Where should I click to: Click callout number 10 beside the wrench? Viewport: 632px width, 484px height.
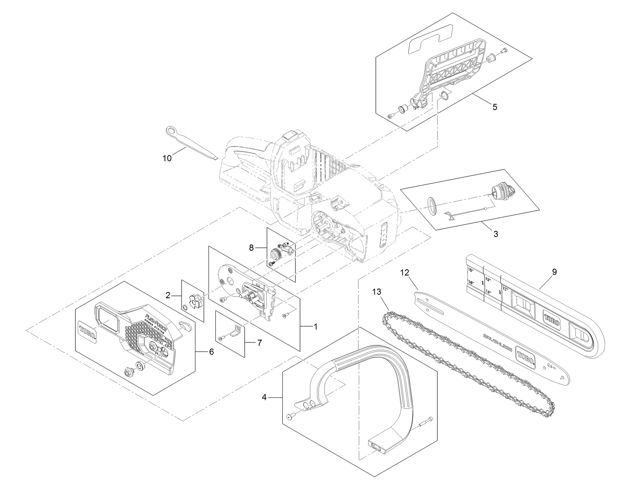[167, 158]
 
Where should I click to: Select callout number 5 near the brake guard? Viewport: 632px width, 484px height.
[494, 107]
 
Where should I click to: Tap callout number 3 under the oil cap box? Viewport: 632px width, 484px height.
[495, 234]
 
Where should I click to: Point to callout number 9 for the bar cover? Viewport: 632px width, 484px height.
[554, 272]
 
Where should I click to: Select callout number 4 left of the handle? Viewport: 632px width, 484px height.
[264, 397]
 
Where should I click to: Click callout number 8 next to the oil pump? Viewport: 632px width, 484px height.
[252, 248]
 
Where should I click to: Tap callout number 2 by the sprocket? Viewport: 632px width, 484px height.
[168, 295]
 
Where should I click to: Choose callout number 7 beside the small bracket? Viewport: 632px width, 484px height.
[260, 343]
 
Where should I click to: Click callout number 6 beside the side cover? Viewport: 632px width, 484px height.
[211, 352]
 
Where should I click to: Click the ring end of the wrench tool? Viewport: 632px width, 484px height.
[170, 131]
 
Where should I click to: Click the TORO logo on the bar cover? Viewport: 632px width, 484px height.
[550, 319]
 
